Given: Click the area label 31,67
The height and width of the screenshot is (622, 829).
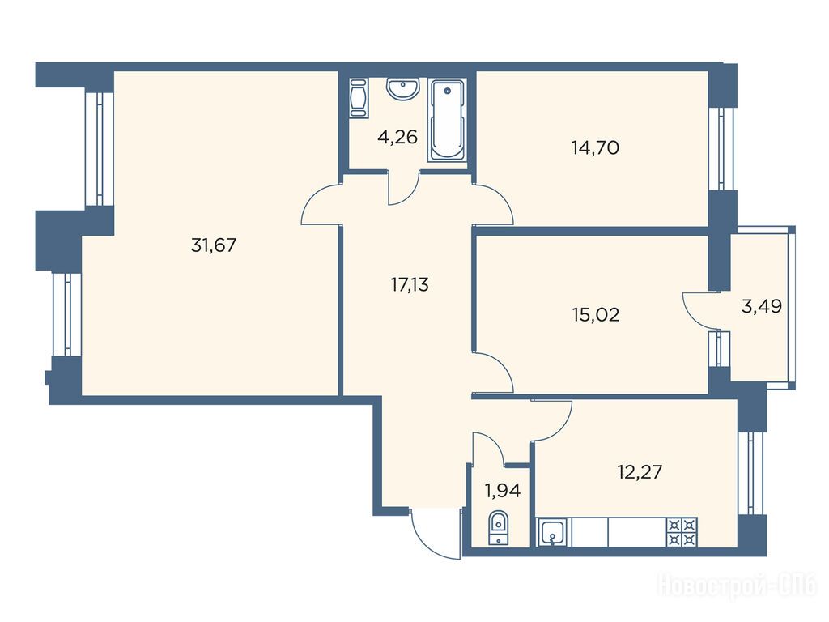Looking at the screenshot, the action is click(214, 245).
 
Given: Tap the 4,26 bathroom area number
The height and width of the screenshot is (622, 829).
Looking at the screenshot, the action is click(397, 138).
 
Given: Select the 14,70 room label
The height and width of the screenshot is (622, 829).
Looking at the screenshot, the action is click(595, 147).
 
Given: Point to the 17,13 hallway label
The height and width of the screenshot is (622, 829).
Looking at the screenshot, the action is click(410, 285).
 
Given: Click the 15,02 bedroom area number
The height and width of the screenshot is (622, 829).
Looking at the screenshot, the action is click(595, 315).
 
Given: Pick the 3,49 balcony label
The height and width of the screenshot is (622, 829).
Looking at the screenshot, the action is click(761, 306).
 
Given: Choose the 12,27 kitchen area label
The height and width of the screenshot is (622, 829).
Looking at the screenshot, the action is click(640, 471).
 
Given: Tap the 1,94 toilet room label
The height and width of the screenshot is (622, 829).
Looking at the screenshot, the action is click(503, 492).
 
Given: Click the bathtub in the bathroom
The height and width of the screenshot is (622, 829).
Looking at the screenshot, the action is click(447, 120).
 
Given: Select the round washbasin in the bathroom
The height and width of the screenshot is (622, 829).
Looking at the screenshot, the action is click(403, 88).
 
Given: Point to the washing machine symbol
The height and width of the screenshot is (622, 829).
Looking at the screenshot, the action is click(359, 98).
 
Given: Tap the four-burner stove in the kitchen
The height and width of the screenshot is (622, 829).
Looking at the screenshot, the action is click(682, 532).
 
